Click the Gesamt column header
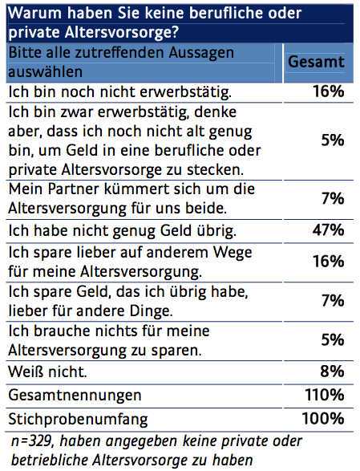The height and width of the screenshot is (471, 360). (316, 62)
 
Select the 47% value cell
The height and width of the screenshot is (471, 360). (328, 230)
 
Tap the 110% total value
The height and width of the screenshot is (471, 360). (325, 395)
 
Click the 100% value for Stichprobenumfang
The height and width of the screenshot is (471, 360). (323, 418)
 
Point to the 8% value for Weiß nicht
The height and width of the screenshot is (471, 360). (332, 372)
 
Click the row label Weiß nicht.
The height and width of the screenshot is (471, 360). (47, 372)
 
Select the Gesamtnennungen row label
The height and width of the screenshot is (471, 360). (75, 396)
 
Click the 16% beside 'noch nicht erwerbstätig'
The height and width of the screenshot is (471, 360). (329, 91)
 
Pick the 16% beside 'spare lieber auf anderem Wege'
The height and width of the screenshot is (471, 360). (329, 261)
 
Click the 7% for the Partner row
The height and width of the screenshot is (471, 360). (333, 198)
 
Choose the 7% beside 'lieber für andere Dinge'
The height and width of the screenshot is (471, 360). (333, 301)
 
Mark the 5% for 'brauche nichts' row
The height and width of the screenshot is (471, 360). (333, 339)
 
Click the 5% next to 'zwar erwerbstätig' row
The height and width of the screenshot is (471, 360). (333, 140)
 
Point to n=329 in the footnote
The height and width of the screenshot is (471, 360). (32, 441)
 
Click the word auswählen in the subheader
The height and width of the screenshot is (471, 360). (46, 72)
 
